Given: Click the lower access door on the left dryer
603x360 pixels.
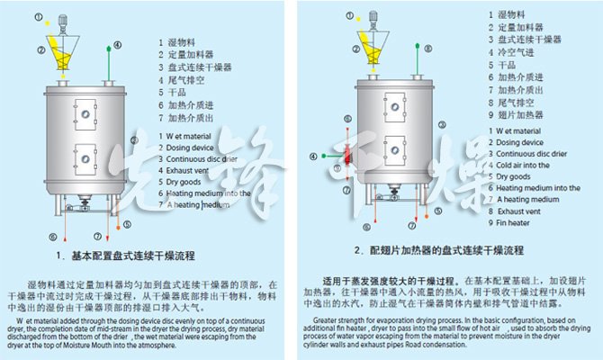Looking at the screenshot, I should click(x=87, y=155).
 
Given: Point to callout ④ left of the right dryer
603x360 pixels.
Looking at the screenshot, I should click(x=312, y=156).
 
